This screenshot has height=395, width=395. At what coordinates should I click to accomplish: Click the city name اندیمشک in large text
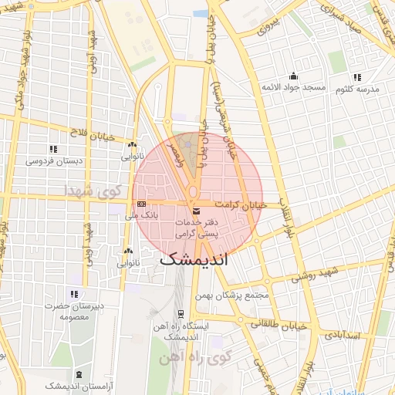(x=194, y=261)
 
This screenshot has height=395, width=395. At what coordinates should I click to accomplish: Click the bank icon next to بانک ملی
(x=141, y=204)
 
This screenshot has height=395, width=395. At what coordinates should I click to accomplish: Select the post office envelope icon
(x=196, y=211)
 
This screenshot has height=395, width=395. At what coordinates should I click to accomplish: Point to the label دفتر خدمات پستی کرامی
(x=196, y=226)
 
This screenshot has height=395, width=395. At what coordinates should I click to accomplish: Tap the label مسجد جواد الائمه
(x=293, y=88)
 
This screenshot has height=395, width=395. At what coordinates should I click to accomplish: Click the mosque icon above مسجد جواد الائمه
(x=293, y=76)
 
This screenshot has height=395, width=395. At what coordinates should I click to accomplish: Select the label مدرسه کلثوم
(x=357, y=89)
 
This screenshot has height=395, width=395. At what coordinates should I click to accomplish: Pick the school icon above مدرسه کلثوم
(x=356, y=76)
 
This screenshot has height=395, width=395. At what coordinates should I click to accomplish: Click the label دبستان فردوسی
(x=51, y=161)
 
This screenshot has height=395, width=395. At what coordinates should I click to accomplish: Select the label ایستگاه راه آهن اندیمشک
(x=181, y=333)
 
